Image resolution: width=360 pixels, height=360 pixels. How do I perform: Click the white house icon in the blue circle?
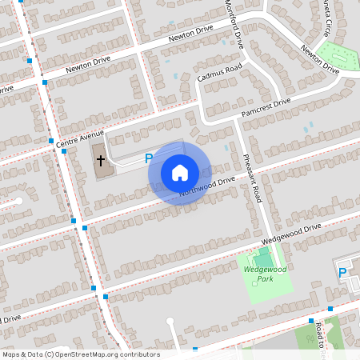180,172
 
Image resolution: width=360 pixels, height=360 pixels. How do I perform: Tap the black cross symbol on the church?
101,160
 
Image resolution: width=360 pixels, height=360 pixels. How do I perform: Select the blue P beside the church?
149,159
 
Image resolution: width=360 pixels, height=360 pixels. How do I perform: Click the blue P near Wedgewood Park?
342,273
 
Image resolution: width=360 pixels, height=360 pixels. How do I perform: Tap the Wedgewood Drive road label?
290,234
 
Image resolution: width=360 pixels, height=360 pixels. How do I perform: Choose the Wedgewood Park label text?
265,274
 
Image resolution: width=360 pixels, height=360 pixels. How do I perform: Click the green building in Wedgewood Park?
263,258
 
